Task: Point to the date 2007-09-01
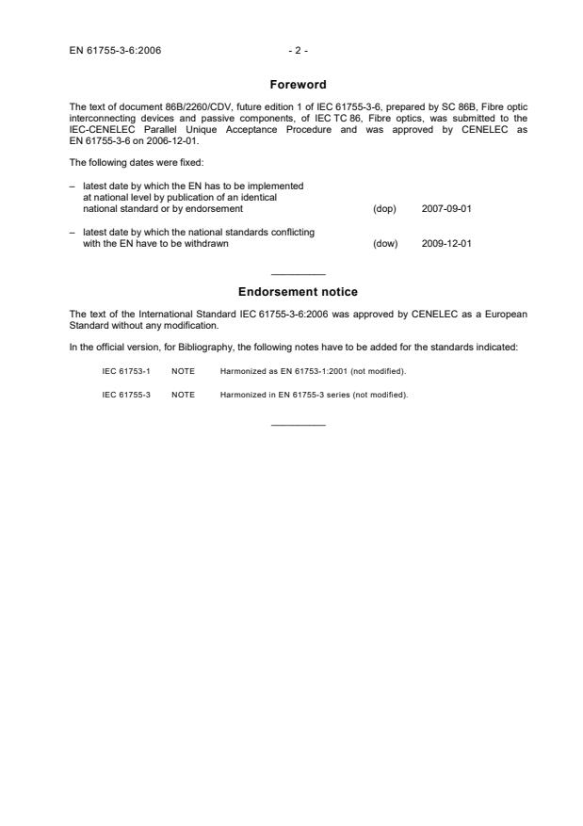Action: (446, 208)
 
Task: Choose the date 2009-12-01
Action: (446, 243)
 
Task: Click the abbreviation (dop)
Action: (385, 208)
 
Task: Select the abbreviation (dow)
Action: (385, 243)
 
